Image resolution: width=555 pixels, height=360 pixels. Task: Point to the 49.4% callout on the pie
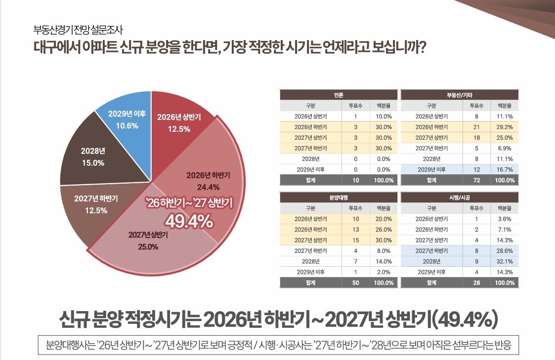pos(189,221)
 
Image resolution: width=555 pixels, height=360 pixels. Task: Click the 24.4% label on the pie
pos(208,187)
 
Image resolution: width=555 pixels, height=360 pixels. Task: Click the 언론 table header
pos(339,94)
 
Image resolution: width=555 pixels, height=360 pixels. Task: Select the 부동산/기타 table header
pos(460,94)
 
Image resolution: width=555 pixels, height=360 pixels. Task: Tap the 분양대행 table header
pos(339,197)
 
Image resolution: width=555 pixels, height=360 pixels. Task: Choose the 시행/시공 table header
pos(460,197)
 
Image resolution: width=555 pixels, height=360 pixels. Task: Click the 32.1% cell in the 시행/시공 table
pos(505,261)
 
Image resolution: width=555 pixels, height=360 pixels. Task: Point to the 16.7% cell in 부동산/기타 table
pos(505,169)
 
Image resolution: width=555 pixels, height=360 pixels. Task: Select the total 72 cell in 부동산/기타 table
pos(476,180)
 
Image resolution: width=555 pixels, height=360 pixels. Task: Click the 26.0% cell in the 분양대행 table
pos(384,230)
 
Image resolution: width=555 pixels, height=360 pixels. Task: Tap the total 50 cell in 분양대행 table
pos(356,283)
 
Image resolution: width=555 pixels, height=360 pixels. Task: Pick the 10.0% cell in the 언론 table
pos(384,117)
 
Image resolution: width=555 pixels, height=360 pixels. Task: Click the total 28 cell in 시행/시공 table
pos(476,283)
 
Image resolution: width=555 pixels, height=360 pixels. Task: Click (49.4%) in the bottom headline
pos(464,320)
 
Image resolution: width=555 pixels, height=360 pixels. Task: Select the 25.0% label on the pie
pos(148,246)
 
